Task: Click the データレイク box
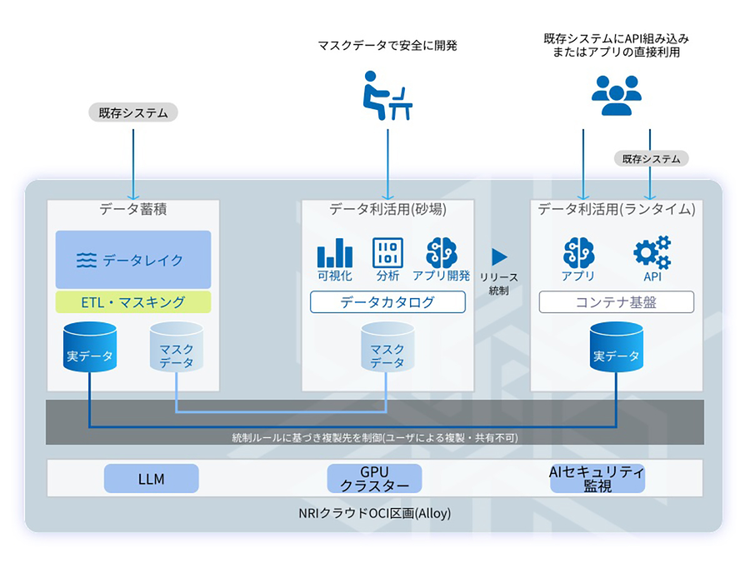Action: pos(133,259)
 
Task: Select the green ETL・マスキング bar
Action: pos(133,302)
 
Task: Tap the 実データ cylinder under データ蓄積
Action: pos(90,347)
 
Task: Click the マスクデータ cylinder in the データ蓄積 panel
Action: pos(176,347)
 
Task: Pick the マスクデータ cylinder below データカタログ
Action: pos(387,347)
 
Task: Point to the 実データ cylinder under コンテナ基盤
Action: pos(616,347)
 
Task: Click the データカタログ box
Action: pos(387,302)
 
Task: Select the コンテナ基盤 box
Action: pos(616,302)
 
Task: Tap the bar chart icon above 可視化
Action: pos(335,252)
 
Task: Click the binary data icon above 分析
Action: pos(387,252)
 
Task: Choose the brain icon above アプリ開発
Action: pos(441,252)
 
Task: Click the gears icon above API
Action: pos(652,252)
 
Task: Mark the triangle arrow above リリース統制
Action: pos(499,257)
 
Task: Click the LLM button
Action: pos(151,479)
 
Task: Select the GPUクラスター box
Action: pos(375,479)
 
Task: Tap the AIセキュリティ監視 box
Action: pos(597,479)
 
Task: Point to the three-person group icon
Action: pos(616,95)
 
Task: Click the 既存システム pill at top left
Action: pos(134,112)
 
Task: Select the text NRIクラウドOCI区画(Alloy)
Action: pos(375,514)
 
